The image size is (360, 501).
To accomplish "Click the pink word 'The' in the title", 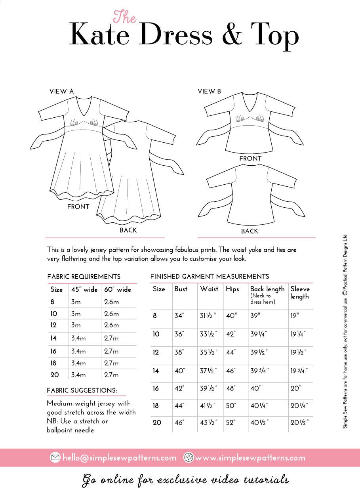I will (125, 17).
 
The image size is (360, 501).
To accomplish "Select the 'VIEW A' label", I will (61, 91).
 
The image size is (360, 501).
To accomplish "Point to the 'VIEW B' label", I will (209, 92).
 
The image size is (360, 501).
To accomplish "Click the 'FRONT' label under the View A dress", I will (78, 207).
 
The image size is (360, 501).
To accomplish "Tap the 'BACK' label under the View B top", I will (249, 231).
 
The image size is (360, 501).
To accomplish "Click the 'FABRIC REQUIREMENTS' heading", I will (84, 277).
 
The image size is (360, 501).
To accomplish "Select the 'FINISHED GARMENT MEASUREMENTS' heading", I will (210, 277).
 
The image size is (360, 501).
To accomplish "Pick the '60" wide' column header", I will (118, 290).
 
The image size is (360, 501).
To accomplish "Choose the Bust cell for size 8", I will (179, 316).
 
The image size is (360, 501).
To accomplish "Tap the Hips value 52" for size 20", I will (231, 423).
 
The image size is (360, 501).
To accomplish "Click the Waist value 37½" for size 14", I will (209, 371).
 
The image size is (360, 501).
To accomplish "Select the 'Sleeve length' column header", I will (300, 293).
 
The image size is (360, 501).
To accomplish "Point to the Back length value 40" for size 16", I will (255, 388).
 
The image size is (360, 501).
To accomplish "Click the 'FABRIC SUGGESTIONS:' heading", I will (82, 390).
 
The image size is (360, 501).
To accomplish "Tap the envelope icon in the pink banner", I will (55, 457).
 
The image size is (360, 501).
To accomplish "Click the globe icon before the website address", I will (189, 457).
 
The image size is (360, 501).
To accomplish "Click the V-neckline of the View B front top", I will (250, 109).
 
